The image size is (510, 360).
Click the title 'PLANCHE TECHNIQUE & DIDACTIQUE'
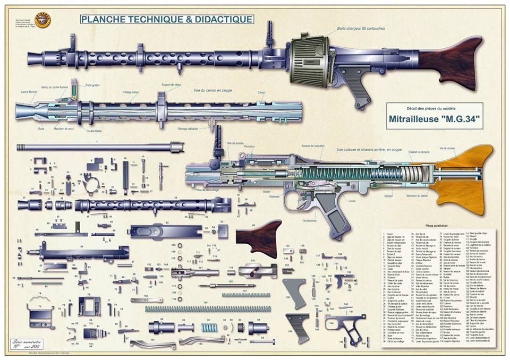tap(167, 20)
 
